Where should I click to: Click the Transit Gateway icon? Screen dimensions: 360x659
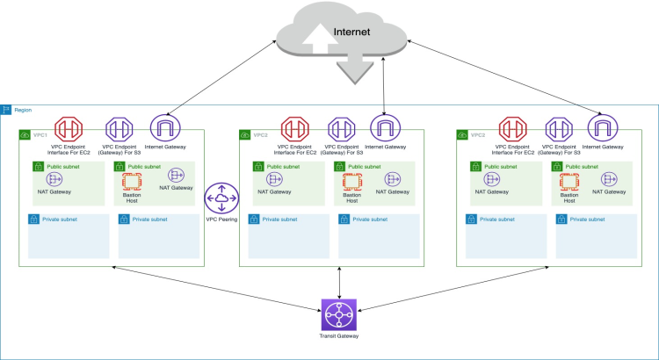pyautogui.click(x=339, y=315)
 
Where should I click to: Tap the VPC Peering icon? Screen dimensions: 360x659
pyautogui.click(x=221, y=198)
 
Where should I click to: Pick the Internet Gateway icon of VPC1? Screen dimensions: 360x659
pyautogui.click(x=165, y=129)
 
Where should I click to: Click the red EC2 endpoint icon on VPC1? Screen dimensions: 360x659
pyautogui.click(x=69, y=129)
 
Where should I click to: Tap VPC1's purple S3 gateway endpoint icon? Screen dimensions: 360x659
pyautogui.click(x=119, y=129)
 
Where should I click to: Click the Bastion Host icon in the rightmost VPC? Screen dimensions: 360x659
pyautogui.click(x=570, y=181)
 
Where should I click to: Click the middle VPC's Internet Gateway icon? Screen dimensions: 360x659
pyautogui.click(x=384, y=129)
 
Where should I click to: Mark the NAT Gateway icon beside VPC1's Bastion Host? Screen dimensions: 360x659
pyautogui.click(x=176, y=176)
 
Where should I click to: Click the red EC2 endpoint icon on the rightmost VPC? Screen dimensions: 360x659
pyautogui.click(x=511, y=129)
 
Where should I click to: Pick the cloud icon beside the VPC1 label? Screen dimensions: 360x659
pyautogui.click(x=25, y=135)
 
